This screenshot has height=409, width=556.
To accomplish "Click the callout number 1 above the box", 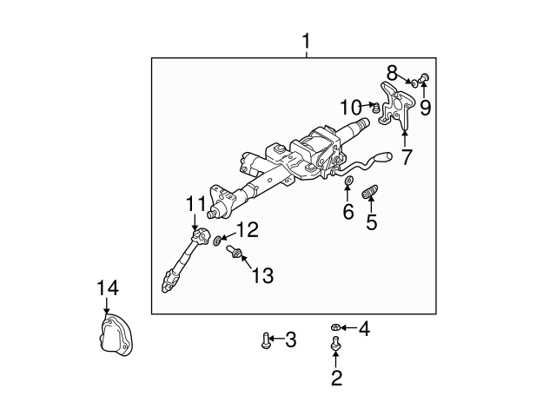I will [305, 41].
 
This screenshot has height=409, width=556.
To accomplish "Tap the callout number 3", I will [291, 340].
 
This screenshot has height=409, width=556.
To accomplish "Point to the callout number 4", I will [364, 328].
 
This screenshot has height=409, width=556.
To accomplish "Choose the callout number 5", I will [371, 222].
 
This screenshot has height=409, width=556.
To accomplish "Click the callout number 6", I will [347, 212].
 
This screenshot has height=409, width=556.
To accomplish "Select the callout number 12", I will [248, 229].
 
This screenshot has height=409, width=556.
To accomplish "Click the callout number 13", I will [261, 275].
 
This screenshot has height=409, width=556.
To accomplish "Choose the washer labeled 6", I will [347, 181].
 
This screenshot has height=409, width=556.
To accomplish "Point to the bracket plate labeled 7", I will [397, 106].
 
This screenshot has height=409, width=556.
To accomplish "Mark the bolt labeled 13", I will [235, 254].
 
